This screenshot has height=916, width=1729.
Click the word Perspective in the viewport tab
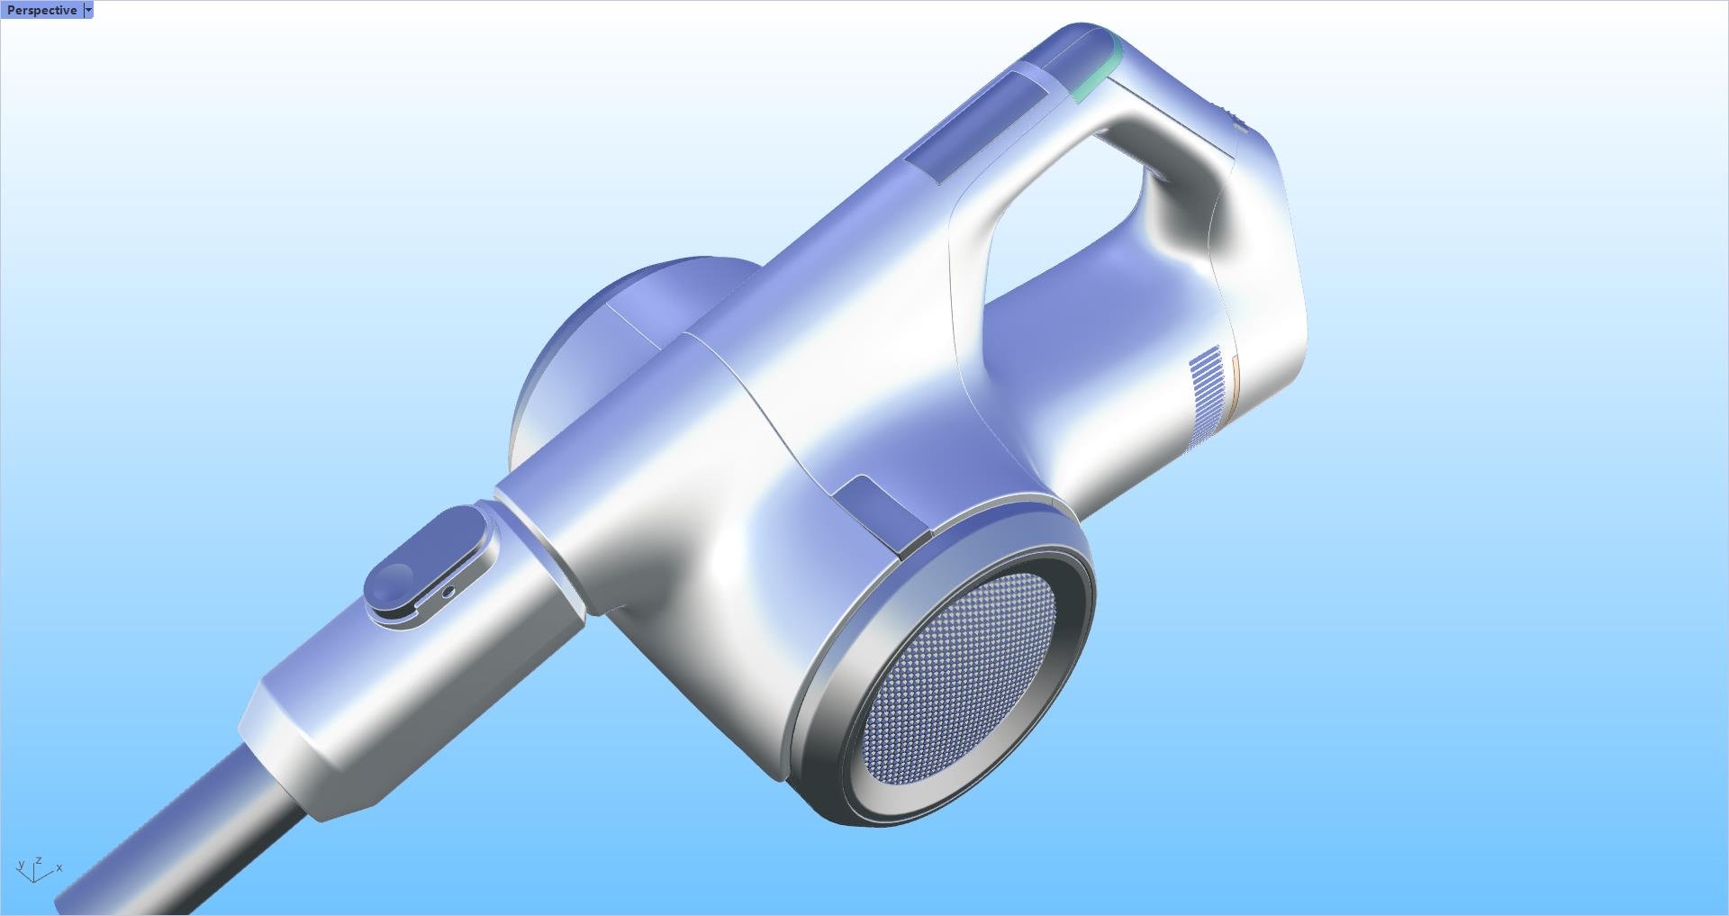point(41,10)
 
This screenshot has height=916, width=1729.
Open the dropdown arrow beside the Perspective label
point(88,10)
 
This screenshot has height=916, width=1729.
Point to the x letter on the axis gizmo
point(59,868)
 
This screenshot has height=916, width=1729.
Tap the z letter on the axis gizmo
point(39,861)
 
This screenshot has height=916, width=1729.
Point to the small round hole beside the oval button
point(448,592)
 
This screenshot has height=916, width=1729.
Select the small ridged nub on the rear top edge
point(1233,115)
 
